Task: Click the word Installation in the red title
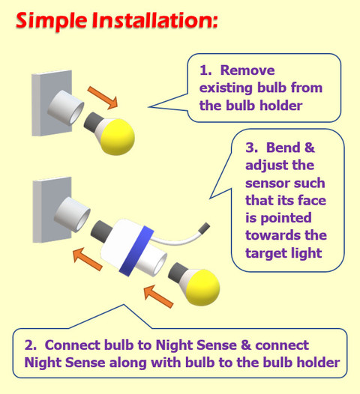coord(154,20)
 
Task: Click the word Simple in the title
coord(52,22)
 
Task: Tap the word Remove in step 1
coord(247,70)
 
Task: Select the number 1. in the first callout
coord(205,70)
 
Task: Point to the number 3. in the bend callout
coord(252,148)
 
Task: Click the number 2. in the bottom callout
coord(31,345)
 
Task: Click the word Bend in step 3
coord(283,148)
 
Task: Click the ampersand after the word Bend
coord(310,148)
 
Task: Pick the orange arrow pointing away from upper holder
coord(103,97)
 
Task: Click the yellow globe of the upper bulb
coord(118,137)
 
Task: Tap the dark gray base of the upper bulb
coord(92,122)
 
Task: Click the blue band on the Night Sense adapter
coord(136,251)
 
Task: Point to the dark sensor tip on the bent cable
coord(204,228)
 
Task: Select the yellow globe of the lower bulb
coord(203,288)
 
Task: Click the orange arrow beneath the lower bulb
coord(159,297)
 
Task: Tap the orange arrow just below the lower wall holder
coord(88,259)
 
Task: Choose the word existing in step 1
coord(226,88)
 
